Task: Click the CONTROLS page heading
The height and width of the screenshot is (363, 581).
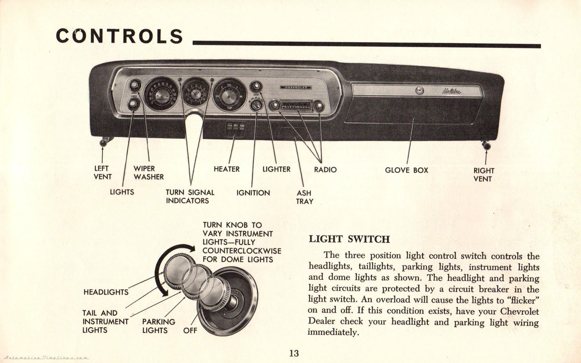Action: coord(119,36)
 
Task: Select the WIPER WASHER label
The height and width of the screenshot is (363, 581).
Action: coord(148,173)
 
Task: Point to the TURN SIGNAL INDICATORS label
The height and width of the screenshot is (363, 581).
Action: coord(190,196)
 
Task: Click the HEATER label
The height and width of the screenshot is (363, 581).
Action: coord(227,169)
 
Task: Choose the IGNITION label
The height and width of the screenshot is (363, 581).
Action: coord(253,193)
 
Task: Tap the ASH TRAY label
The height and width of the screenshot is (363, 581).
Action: coord(304,197)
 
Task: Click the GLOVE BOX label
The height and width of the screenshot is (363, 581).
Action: coord(406,170)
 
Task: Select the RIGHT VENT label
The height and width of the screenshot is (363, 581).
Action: coord(484,175)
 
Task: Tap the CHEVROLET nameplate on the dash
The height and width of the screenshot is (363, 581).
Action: coord(295,87)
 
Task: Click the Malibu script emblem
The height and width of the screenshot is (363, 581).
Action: coord(451,91)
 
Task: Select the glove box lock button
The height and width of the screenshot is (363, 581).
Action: coord(419,91)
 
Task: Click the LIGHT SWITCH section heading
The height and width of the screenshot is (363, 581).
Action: coord(349,239)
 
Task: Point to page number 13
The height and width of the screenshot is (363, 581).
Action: coord(294,353)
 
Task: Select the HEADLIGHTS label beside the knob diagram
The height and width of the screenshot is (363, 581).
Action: coord(106,292)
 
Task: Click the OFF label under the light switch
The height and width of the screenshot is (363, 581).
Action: coord(190,330)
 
